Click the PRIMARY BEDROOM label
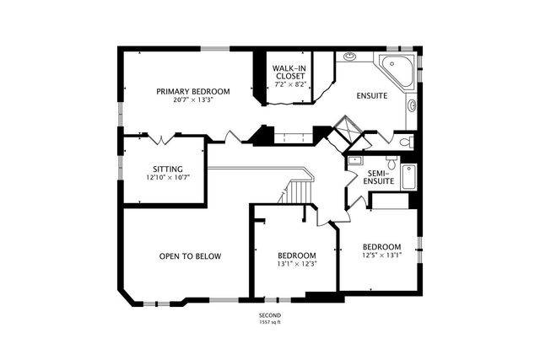click(193, 92)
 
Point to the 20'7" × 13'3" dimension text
click(193, 100)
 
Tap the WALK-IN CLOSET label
click(289, 72)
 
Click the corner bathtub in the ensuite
click(397, 71)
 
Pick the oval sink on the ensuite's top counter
click(350, 56)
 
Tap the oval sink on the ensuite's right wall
click(412, 105)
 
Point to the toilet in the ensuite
click(408, 142)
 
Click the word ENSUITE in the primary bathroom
click(371, 95)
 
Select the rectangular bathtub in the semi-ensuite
click(409, 176)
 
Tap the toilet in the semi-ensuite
click(391, 162)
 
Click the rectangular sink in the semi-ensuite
click(354, 160)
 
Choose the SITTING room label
click(168, 169)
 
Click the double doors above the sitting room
click(162, 138)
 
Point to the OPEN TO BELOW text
click(190, 256)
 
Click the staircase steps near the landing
click(299, 193)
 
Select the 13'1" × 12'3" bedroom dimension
click(297, 264)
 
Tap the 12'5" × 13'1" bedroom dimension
click(382, 255)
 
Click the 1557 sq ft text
click(270, 323)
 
